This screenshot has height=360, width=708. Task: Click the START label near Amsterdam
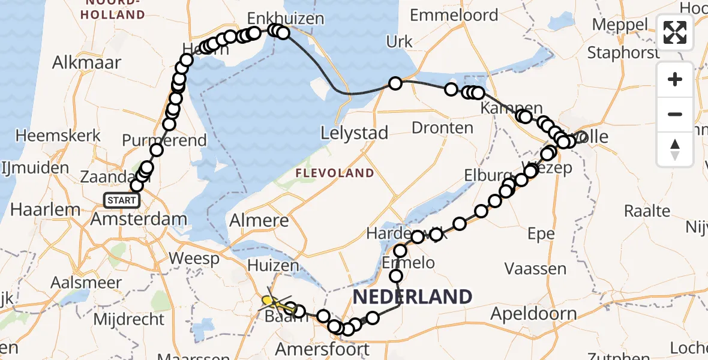point(122,200)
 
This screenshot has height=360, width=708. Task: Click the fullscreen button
point(675,32)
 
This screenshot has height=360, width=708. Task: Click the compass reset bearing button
point(675,149)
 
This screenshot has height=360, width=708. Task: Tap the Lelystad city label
point(355,133)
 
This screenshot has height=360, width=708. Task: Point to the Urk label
point(400,41)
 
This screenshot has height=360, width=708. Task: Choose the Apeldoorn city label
point(533,313)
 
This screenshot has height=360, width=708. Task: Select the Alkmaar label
point(86,62)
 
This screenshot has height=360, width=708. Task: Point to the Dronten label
point(443,127)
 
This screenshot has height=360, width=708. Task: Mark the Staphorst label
point(623,52)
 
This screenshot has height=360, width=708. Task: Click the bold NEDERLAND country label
point(412,296)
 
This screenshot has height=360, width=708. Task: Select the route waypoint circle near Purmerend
point(157,150)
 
